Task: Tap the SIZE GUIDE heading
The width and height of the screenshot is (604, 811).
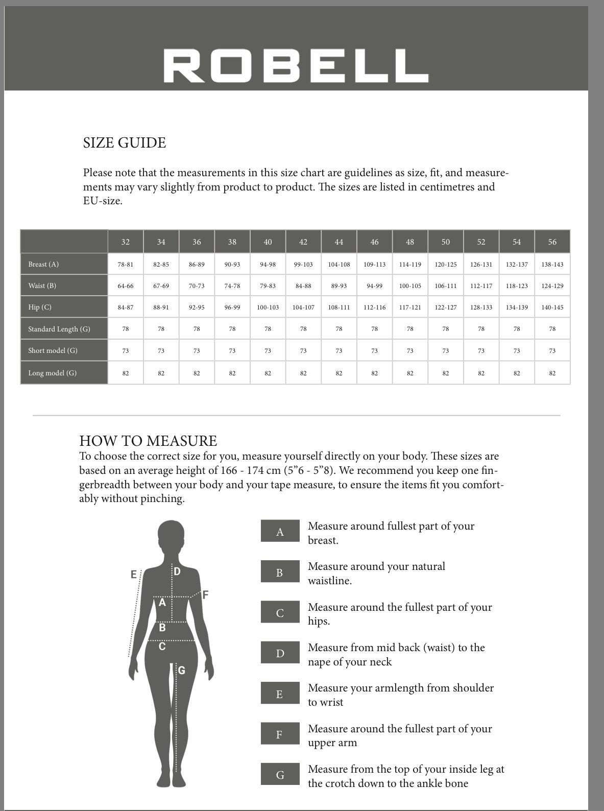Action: pyautogui.click(x=125, y=143)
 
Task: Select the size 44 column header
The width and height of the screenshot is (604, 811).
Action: pyautogui.click(x=339, y=242)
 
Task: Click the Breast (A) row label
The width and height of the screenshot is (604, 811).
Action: pyautogui.click(x=44, y=265)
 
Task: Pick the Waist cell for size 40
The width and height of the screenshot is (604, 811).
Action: pyautogui.click(x=268, y=286)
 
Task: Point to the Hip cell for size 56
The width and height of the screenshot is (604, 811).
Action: pyautogui.click(x=552, y=307)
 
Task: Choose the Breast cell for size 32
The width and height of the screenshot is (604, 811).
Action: pyautogui.click(x=126, y=265)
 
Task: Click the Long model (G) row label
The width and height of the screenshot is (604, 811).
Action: pyautogui.click(x=53, y=373)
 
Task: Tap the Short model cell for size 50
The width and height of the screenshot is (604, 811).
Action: pyautogui.click(x=445, y=351)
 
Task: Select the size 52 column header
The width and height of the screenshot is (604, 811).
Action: pyautogui.click(x=481, y=242)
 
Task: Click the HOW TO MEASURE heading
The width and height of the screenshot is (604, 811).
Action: pyautogui.click(x=148, y=441)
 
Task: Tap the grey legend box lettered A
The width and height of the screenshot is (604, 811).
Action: pyautogui.click(x=280, y=532)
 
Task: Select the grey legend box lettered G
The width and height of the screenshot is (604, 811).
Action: pyautogui.click(x=280, y=775)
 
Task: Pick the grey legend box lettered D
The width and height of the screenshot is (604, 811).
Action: pyautogui.click(x=280, y=653)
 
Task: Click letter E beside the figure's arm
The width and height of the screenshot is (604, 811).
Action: pyautogui.click(x=134, y=575)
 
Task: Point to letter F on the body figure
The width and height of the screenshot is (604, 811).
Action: pyautogui.click(x=205, y=595)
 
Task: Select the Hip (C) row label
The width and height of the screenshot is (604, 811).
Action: pyautogui.click(x=40, y=307)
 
